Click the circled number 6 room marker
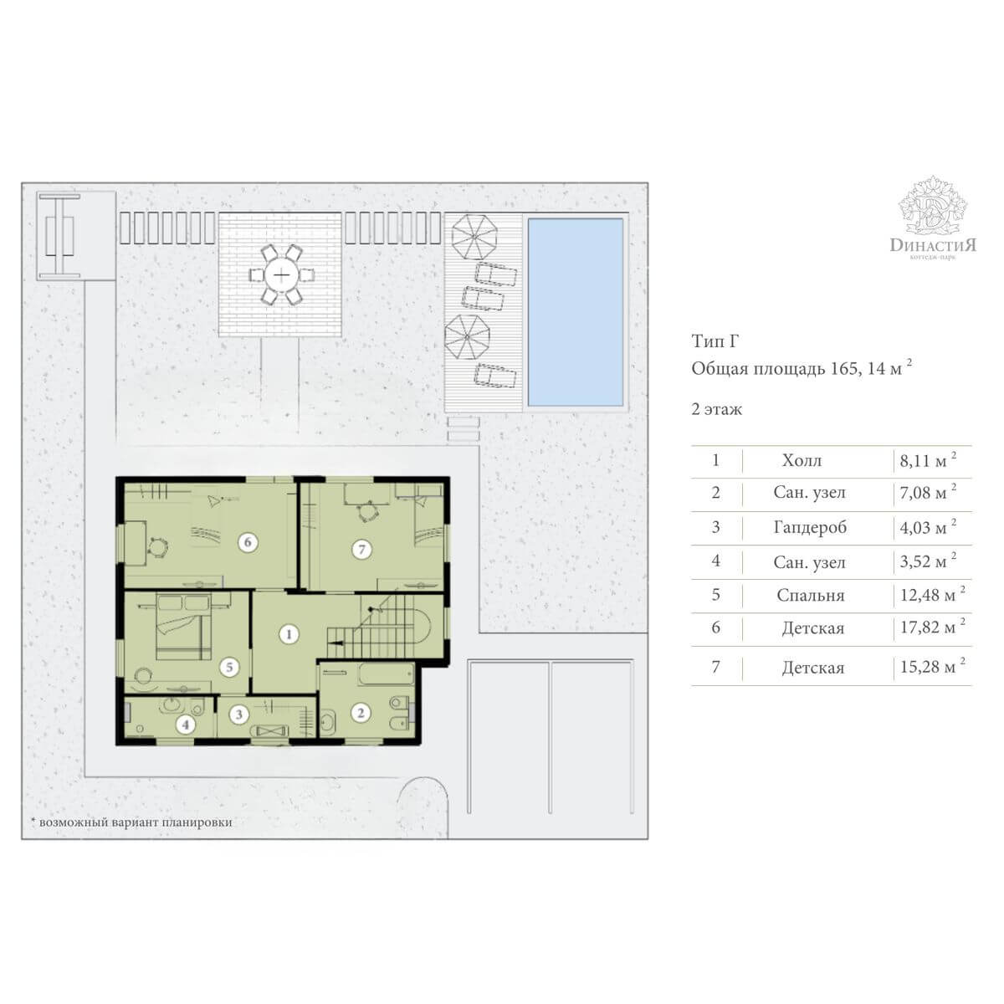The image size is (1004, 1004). point(248,542)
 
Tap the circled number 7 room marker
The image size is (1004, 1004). point(361,549)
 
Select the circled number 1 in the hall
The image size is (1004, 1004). point(288,634)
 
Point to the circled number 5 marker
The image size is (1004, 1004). point(229,667)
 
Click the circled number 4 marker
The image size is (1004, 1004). point(185,725)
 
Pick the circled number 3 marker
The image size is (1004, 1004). point(239,714)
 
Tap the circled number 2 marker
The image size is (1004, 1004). point(360,714)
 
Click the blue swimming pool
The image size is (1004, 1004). point(576,312)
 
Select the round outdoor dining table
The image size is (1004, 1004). point(281,274)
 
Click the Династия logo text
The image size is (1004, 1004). point(933,245)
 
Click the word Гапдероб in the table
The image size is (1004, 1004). point(810,527)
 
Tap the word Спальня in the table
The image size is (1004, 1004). point(810,595)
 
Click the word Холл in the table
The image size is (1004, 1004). point(802,460)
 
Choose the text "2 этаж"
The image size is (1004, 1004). point(716,409)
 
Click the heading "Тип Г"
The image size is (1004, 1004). point(715,341)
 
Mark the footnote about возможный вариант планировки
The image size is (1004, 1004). point(131,822)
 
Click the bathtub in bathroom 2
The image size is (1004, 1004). point(386,674)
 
